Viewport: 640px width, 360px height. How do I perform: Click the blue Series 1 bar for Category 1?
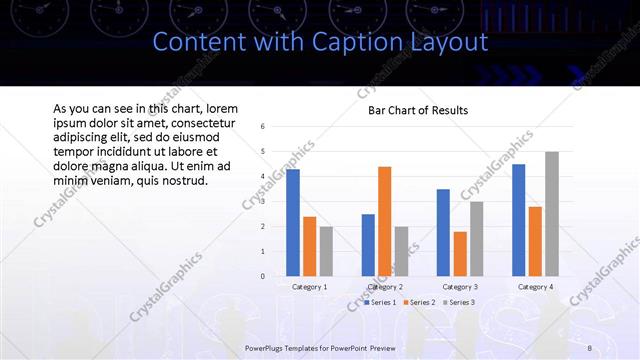click(293, 223)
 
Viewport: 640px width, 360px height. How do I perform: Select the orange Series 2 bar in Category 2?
click(385, 221)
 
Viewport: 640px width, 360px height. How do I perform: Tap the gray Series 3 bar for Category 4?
click(552, 214)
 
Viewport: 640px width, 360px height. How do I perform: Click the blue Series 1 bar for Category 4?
click(518, 220)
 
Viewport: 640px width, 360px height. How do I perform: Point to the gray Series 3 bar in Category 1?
click(326, 251)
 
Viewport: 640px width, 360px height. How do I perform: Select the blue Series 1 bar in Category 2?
click(368, 245)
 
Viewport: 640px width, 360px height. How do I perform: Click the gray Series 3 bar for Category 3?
click(477, 238)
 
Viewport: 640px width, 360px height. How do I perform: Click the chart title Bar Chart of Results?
click(411, 110)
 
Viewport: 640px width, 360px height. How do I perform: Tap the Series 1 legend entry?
click(381, 302)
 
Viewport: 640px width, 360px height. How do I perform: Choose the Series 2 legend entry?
click(418, 302)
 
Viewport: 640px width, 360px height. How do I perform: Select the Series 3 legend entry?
click(458, 302)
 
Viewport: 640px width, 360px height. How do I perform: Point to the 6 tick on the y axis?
click(262, 127)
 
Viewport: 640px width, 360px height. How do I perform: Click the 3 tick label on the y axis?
click(262, 201)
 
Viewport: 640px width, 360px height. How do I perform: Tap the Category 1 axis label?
click(309, 287)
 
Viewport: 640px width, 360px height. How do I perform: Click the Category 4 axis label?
click(535, 287)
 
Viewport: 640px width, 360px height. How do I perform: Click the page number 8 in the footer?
click(590, 347)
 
